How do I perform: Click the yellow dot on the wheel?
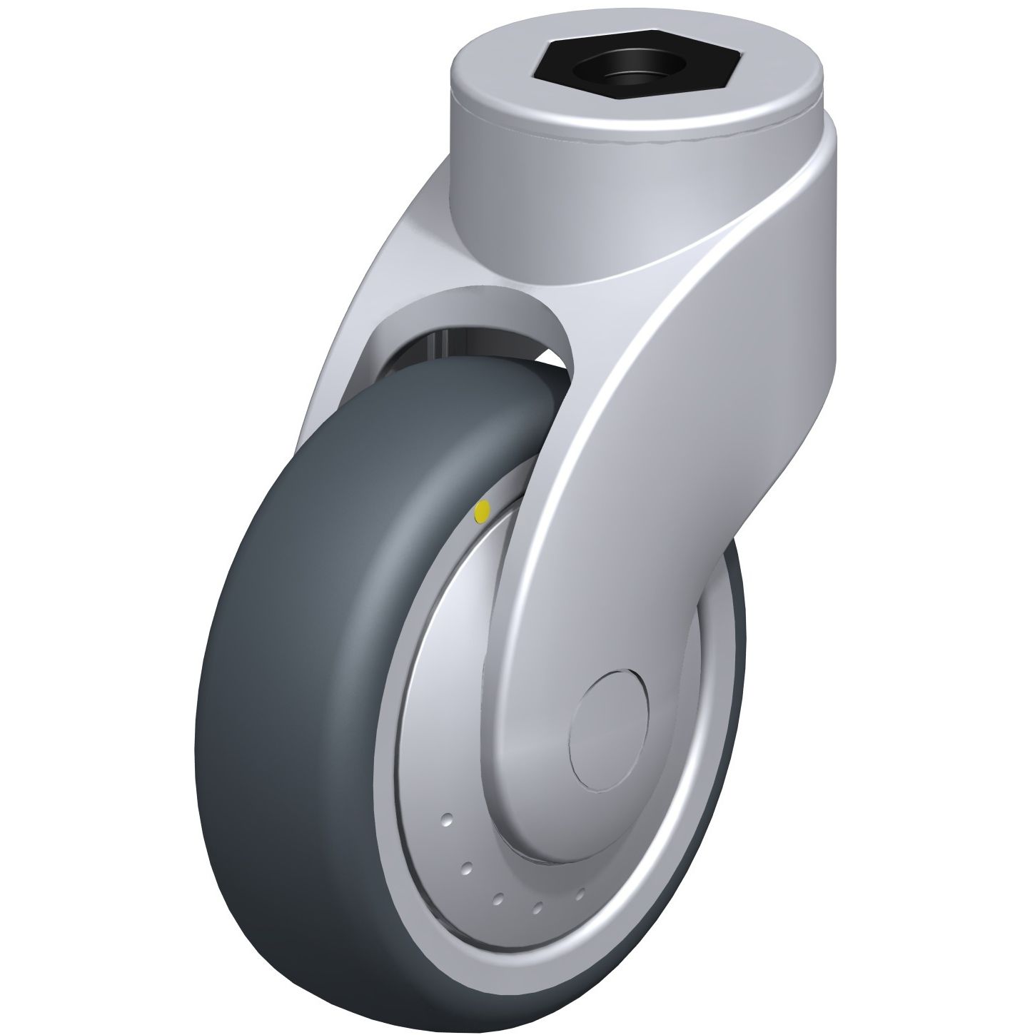pos(482,510)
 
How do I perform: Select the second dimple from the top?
pos(466,867)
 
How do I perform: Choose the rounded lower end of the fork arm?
pos(571,821)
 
